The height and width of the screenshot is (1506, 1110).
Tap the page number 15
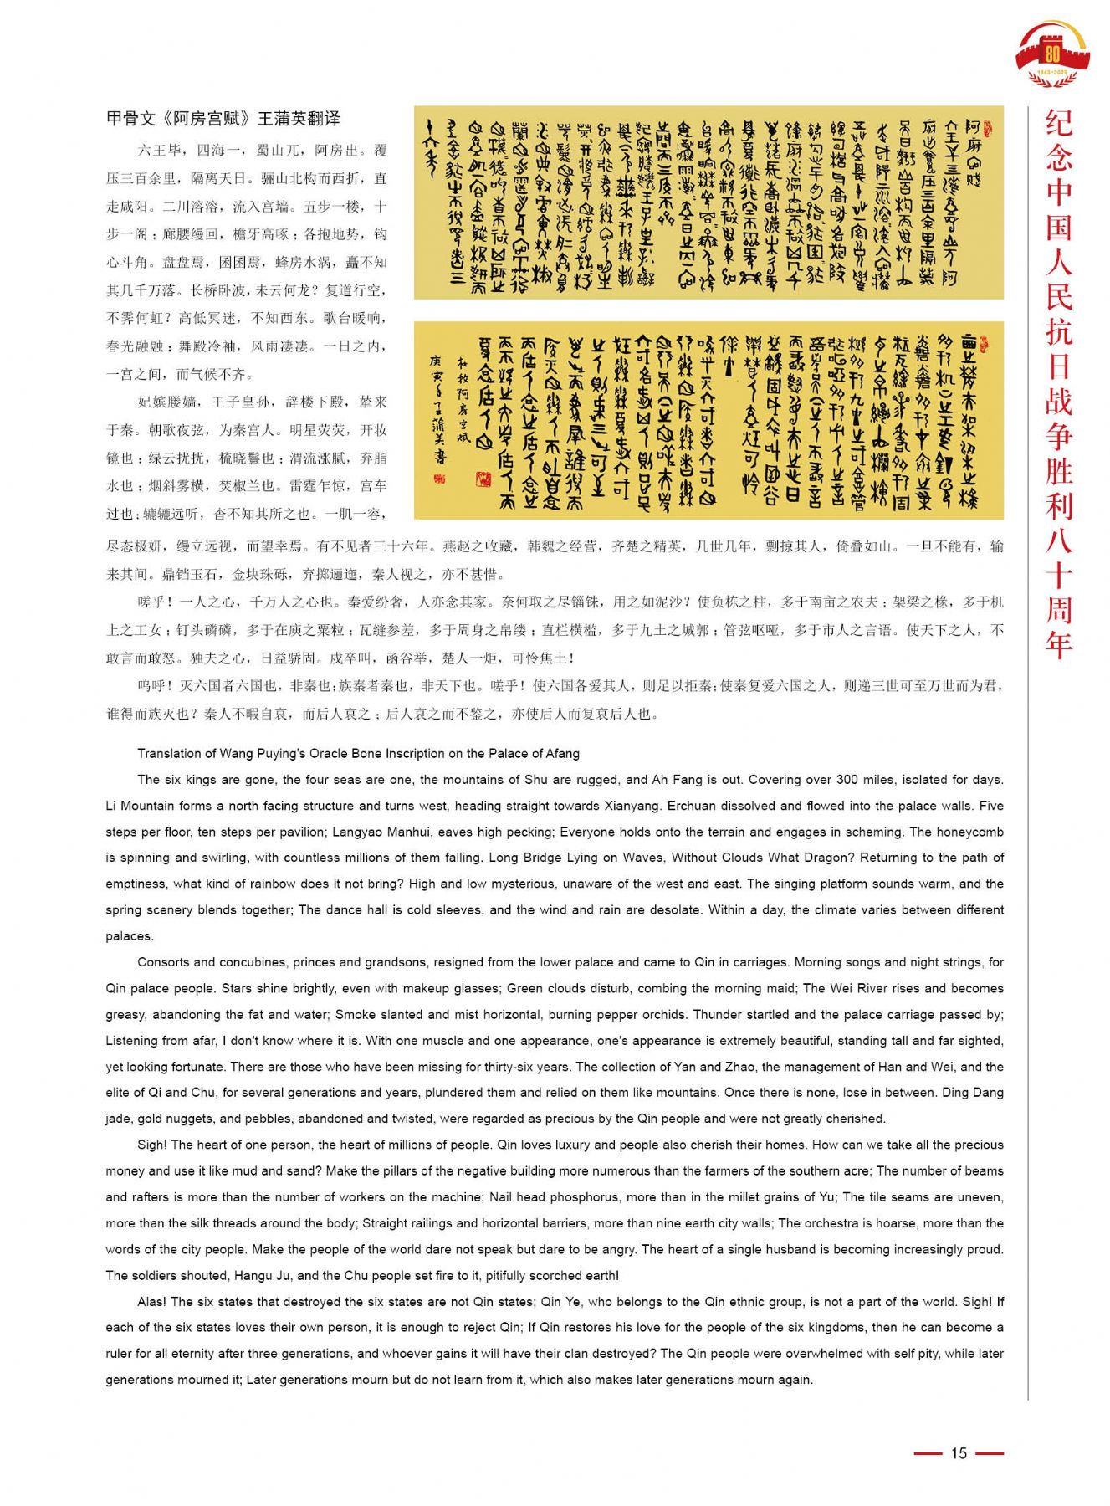pyautogui.click(x=959, y=1452)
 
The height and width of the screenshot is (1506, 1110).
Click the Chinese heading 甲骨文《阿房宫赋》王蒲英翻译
pyautogui.click(x=223, y=119)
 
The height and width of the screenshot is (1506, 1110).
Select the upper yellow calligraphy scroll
pyautogui.click(x=708, y=202)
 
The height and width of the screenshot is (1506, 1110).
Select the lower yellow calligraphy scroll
pyautogui.click(x=708, y=419)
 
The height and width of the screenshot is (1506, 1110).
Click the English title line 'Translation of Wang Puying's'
pyautogui.click(x=358, y=753)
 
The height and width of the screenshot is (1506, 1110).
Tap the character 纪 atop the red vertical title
pyautogui.click(x=1059, y=124)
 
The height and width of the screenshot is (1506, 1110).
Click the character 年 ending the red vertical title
pyautogui.click(x=1059, y=644)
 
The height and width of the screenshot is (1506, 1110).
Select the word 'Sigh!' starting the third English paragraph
pyautogui.click(x=152, y=1145)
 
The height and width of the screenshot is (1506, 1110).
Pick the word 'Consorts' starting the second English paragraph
pyautogui.click(x=164, y=962)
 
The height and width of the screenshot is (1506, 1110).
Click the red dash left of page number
pyautogui.click(x=928, y=1453)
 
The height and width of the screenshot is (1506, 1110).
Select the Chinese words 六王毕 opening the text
pyautogui.click(x=159, y=151)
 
